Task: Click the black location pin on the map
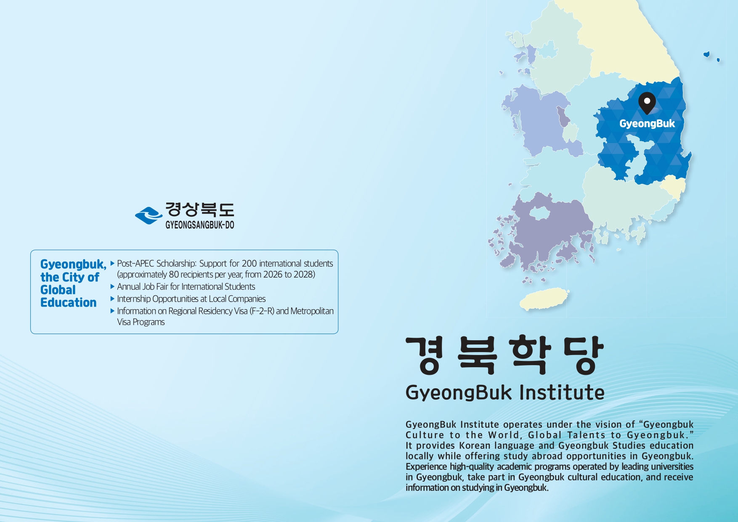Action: point(647,103)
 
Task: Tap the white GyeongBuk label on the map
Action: point(647,124)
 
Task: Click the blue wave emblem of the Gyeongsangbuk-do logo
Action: point(149,215)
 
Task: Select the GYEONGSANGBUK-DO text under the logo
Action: point(200,225)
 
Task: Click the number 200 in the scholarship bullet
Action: point(249,263)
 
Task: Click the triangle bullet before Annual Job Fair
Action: point(112,286)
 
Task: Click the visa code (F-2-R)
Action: point(262,311)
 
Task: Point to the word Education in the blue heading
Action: point(69,302)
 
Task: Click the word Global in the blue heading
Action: point(58,290)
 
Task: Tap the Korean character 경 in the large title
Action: point(424,355)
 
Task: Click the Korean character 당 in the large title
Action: point(583,355)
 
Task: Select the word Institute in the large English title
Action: point(562,392)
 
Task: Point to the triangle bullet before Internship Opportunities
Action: point(112,299)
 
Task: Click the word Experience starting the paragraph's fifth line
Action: point(426,467)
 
